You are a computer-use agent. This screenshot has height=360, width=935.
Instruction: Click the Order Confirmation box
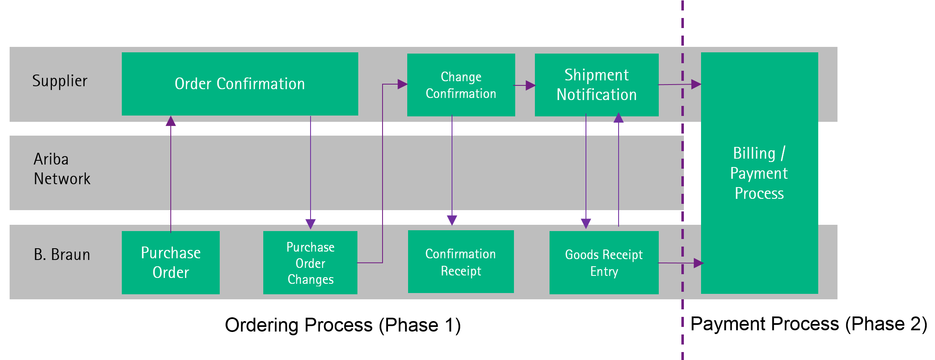click(x=240, y=84)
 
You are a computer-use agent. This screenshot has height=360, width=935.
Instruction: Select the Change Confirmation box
click(x=461, y=85)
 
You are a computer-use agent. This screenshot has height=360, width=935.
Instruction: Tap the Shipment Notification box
click(x=597, y=85)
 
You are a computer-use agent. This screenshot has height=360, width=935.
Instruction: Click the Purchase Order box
click(x=171, y=262)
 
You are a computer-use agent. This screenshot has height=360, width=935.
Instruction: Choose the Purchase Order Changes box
click(x=310, y=262)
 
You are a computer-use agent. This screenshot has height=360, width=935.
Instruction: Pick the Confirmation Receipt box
click(x=461, y=262)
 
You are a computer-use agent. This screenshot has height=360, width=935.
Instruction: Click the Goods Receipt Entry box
click(x=604, y=262)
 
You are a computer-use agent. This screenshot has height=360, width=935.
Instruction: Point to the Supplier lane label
click(x=60, y=81)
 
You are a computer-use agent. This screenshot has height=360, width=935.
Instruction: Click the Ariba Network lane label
click(x=62, y=169)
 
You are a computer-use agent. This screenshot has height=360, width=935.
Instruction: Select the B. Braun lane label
click(x=62, y=255)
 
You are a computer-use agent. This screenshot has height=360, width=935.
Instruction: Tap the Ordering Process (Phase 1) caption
click(x=343, y=325)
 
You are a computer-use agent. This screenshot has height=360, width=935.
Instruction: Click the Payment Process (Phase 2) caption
click(x=809, y=324)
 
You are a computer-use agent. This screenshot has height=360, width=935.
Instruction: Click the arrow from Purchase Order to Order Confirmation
click(x=171, y=174)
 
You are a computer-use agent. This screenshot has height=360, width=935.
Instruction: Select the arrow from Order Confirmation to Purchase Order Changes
click(x=311, y=172)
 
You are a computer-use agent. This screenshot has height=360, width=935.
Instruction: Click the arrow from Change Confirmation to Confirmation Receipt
click(x=452, y=170)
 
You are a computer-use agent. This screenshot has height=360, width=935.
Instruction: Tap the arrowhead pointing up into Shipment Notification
click(x=619, y=118)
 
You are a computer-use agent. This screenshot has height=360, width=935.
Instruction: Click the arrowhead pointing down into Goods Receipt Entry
click(x=586, y=224)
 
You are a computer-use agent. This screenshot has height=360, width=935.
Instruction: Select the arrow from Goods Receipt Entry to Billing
click(x=681, y=263)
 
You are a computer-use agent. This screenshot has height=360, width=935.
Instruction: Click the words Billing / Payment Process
click(x=759, y=173)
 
